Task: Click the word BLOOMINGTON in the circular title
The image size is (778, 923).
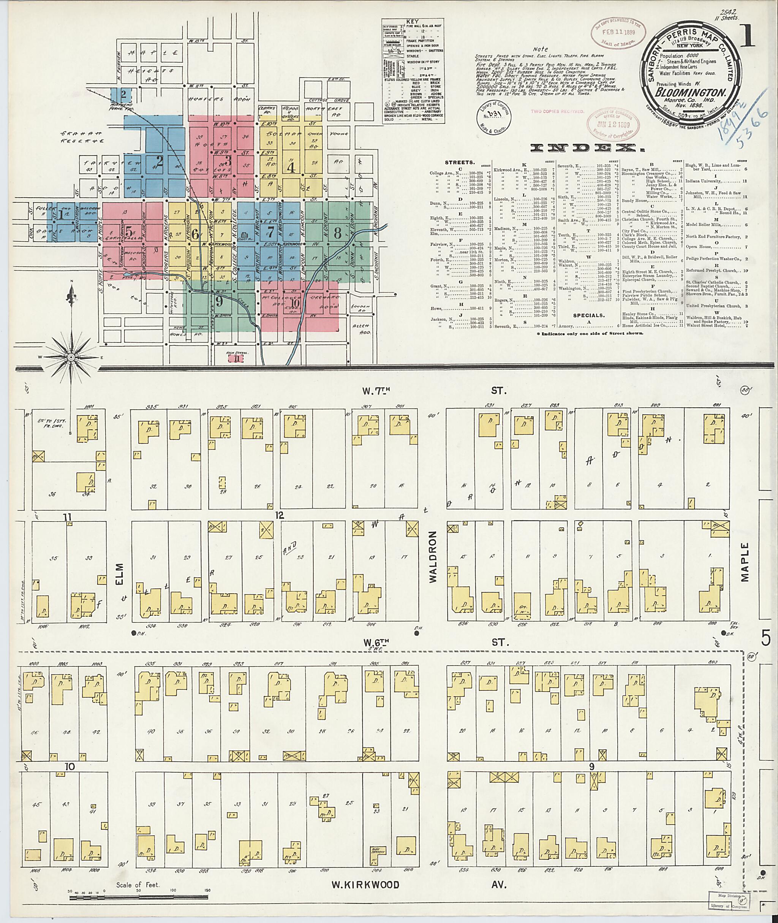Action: (690, 93)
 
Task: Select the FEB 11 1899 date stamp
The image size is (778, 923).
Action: (618, 32)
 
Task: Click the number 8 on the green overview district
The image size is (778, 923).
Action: (337, 233)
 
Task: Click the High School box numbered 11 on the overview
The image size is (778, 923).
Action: (238, 359)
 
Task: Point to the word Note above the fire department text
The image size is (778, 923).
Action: (540, 49)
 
